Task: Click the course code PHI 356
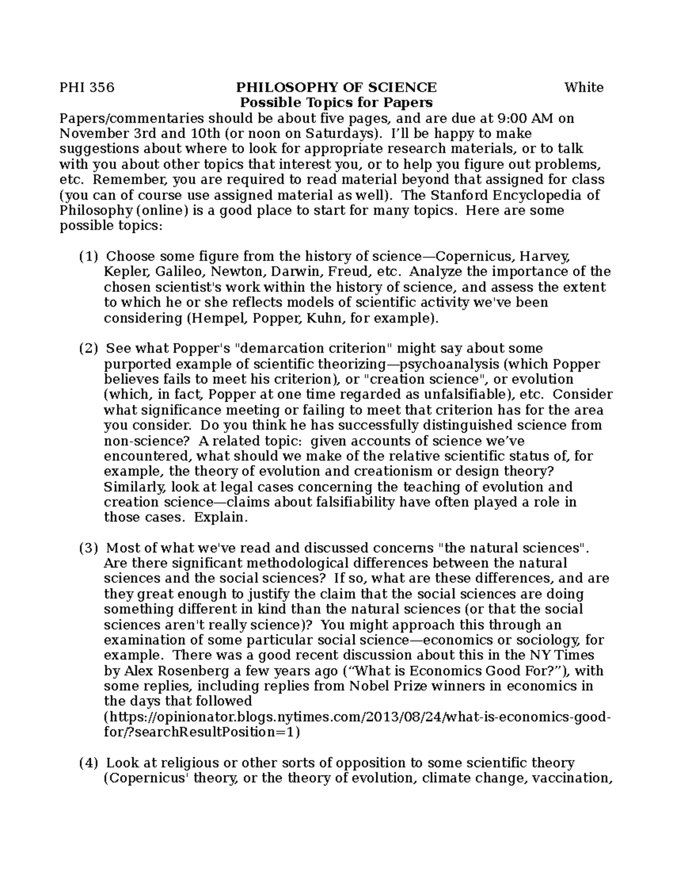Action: click(x=87, y=88)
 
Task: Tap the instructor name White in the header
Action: click(x=584, y=88)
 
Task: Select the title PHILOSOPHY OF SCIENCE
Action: click(x=336, y=88)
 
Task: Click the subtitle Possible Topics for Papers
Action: click(x=336, y=103)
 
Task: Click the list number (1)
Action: click(x=89, y=257)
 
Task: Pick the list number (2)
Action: click(x=89, y=349)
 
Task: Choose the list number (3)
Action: click(x=89, y=548)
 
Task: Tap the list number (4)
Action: click(x=89, y=763)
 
